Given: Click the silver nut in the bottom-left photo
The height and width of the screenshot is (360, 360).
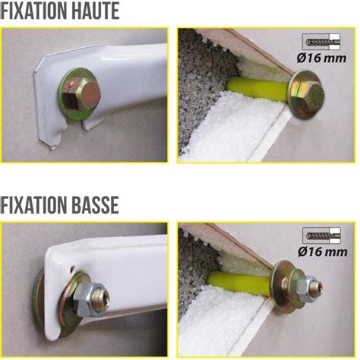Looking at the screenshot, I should (x=90, y=292).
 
